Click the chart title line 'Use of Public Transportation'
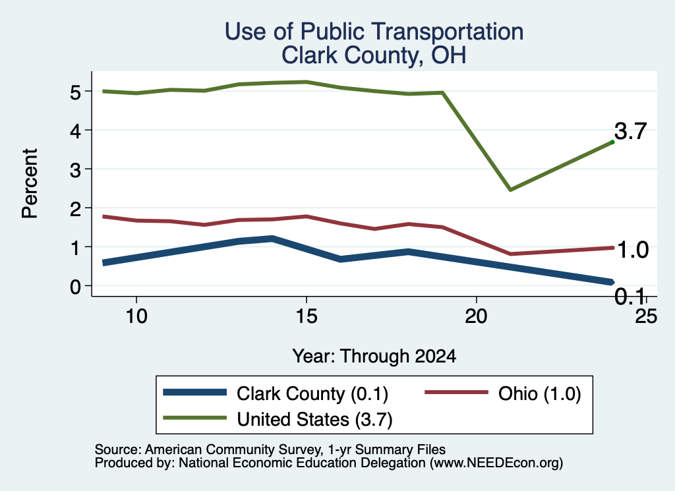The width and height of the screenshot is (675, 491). point(374,32)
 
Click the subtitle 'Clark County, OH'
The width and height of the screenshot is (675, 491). point(374,55)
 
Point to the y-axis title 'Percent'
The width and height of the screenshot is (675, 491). point(30,183)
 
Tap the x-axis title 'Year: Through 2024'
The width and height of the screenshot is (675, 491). point(374,357)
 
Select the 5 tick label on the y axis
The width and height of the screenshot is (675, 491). point(75,92)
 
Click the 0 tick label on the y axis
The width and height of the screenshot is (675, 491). point(75,286)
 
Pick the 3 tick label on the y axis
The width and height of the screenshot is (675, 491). point(75,169)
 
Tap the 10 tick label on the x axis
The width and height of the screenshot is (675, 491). point(136,316)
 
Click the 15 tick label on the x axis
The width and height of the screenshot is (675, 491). point(307,316)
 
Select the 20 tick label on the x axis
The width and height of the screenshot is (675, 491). point(476,316)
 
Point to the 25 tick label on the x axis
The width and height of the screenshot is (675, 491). point(646,316)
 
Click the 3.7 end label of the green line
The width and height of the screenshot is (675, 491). point(631,131)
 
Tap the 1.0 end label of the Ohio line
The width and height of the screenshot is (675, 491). point(633,250)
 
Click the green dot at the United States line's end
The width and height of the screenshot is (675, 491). point(612,142)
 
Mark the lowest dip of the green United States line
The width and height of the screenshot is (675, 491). point(510,189)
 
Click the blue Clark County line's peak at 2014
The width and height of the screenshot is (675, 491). point(272,238)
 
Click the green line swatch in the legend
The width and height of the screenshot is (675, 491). point(195,418)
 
